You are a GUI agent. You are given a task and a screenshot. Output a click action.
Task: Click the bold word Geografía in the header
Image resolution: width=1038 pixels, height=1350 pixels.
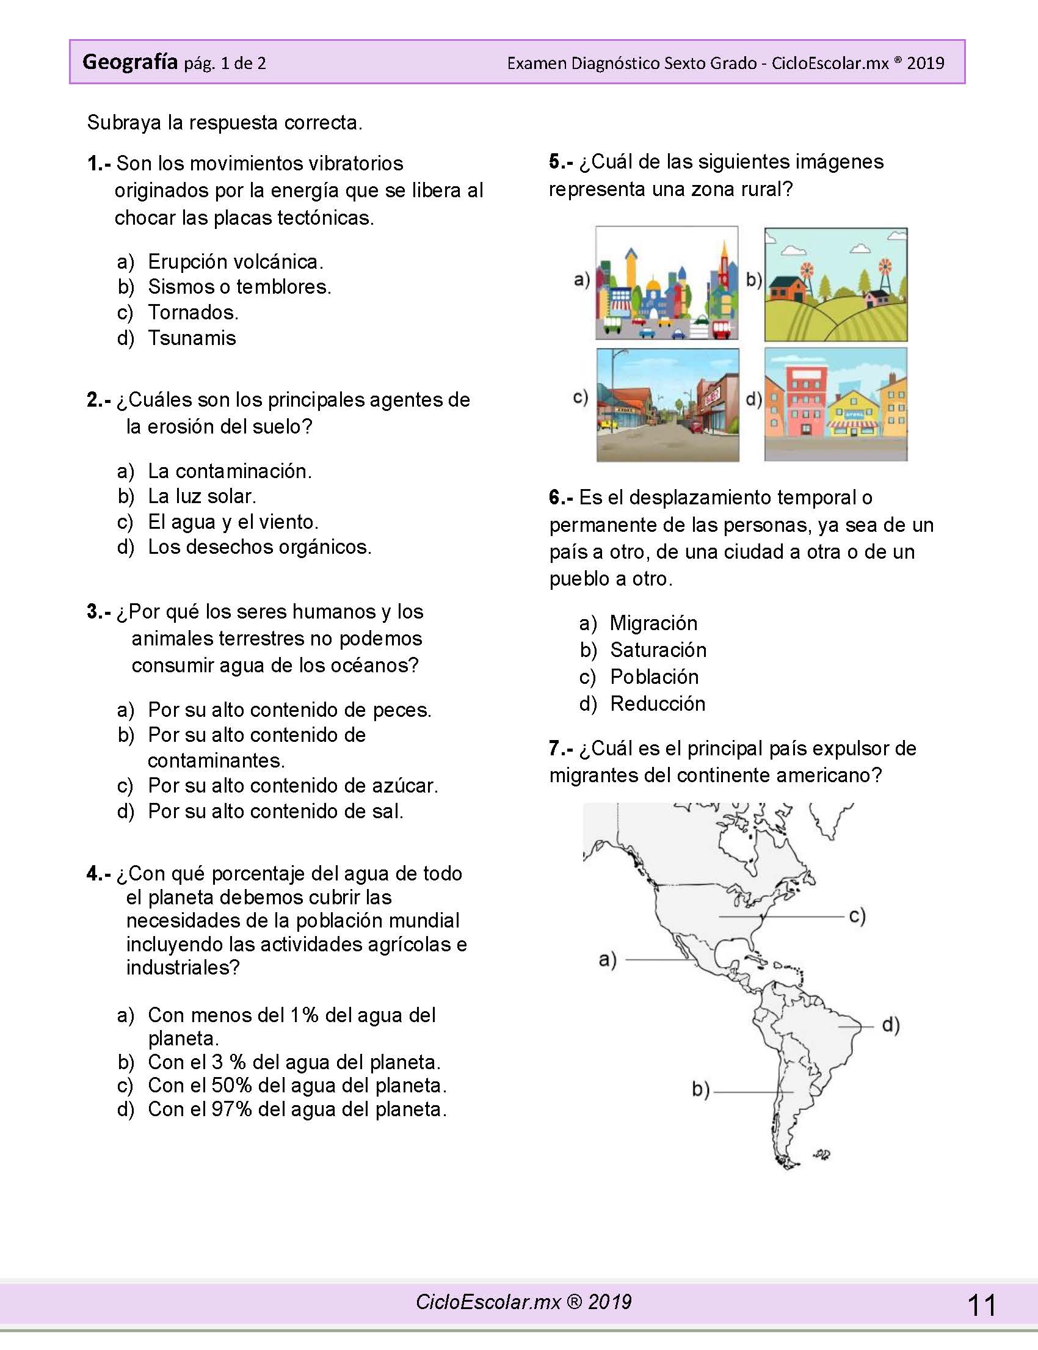coord(129,62)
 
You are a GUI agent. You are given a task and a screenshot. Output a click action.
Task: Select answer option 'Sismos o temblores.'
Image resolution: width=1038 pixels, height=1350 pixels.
coord(239,287)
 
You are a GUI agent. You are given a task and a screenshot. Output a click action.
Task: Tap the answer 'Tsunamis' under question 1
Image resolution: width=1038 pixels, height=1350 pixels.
coord(192,338)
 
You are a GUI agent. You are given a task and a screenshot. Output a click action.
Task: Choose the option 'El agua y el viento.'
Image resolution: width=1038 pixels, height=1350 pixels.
coord(233,522)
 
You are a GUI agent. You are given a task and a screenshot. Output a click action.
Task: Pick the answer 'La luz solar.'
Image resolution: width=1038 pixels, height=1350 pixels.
coord(201,496)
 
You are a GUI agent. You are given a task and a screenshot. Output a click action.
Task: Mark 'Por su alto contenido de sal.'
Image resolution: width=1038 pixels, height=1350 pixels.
coord(275,811)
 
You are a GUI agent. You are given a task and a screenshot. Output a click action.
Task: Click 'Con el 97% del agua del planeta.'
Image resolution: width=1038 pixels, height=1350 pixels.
coord(297,1109)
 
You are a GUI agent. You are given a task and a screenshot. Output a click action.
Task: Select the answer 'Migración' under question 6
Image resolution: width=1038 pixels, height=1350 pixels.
coord(653,623)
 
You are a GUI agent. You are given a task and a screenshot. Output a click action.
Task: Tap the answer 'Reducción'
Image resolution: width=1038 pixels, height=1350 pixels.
coord(658,704)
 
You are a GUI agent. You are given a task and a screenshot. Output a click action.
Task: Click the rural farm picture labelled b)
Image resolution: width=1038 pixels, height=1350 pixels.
coord(835,284)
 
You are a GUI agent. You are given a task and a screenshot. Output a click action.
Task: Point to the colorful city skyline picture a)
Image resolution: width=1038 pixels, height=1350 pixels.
coord(667,283)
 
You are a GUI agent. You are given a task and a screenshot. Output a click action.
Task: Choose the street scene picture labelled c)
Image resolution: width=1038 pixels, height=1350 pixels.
coord(667,405)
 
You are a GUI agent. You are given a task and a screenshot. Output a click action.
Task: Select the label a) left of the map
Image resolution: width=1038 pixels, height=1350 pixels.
coord(608,959)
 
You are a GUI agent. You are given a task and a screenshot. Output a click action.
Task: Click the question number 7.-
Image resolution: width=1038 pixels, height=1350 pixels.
coord(561,748)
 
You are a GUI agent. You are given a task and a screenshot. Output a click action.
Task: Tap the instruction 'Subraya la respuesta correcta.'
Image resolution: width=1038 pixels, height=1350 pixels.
coord(224,123)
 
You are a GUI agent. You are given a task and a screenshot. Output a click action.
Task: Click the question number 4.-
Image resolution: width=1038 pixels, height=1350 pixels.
coord(99,874)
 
